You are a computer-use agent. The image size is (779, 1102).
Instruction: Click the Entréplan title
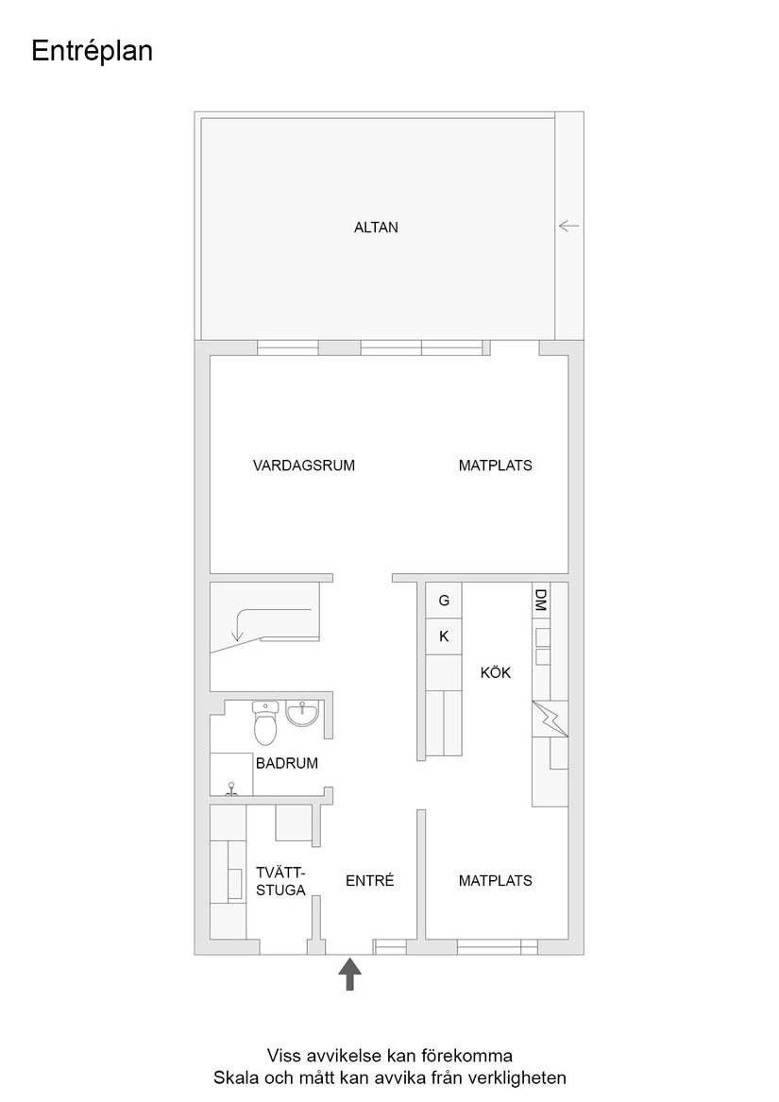(92, 52)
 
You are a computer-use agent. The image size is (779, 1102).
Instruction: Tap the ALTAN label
(376, 227)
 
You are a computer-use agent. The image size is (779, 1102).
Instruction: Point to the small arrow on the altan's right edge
(568, 226)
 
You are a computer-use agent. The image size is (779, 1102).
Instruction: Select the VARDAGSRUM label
(304, 465)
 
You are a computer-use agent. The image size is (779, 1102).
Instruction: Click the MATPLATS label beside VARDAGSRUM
(495, 465)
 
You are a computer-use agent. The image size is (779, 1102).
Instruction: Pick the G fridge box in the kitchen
(444, 601)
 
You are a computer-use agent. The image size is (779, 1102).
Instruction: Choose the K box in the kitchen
(444, 636)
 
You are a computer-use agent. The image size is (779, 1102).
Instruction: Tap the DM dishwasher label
(541, 600)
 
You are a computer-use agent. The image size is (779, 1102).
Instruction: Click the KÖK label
(495, 673)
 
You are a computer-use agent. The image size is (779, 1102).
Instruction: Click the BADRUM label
(287, 763)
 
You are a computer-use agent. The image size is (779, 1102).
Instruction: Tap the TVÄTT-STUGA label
(281, 881)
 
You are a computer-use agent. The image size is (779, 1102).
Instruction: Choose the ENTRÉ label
(368, 881)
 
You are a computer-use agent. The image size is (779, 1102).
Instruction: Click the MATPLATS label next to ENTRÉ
(495, 881)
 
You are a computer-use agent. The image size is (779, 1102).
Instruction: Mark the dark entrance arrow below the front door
(350, 974)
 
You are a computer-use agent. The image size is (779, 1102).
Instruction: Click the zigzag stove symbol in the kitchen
(550, 720)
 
